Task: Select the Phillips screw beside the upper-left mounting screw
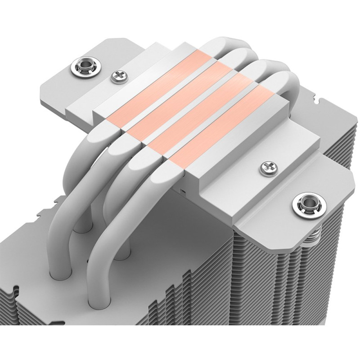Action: [119, 76]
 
